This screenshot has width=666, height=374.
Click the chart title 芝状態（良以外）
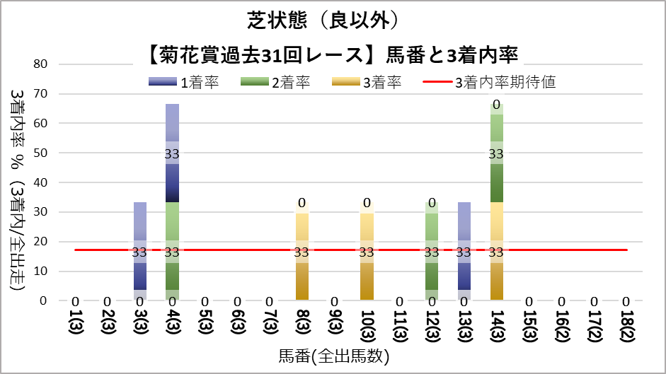333,20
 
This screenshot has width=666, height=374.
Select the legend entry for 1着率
199,83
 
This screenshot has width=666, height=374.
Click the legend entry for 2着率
290,83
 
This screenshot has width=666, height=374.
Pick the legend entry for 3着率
381,83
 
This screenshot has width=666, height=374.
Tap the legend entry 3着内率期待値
505,83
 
